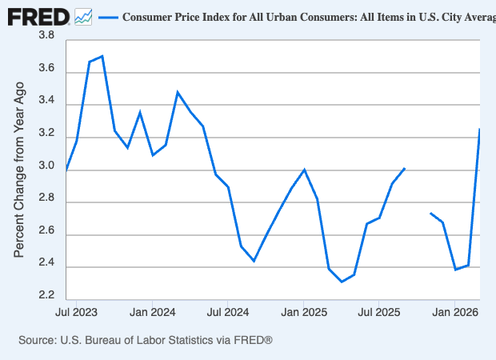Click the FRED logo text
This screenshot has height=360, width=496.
coord(38,16)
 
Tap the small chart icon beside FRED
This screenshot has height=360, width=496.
coord(83,16)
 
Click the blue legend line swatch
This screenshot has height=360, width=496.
coord(107,17)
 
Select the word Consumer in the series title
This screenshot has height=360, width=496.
coord(151,17)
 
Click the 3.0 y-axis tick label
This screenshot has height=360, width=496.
coord(46,167)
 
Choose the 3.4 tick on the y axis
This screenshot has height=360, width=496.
coord(46,102)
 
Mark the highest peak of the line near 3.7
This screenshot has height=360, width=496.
coord(102,56)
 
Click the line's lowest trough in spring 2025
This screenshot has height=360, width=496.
coord(342,282)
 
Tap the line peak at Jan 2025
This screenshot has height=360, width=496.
coord(304,170)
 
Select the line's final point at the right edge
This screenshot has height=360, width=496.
coord(479,129)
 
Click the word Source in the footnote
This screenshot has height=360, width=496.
coord(38,341)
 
